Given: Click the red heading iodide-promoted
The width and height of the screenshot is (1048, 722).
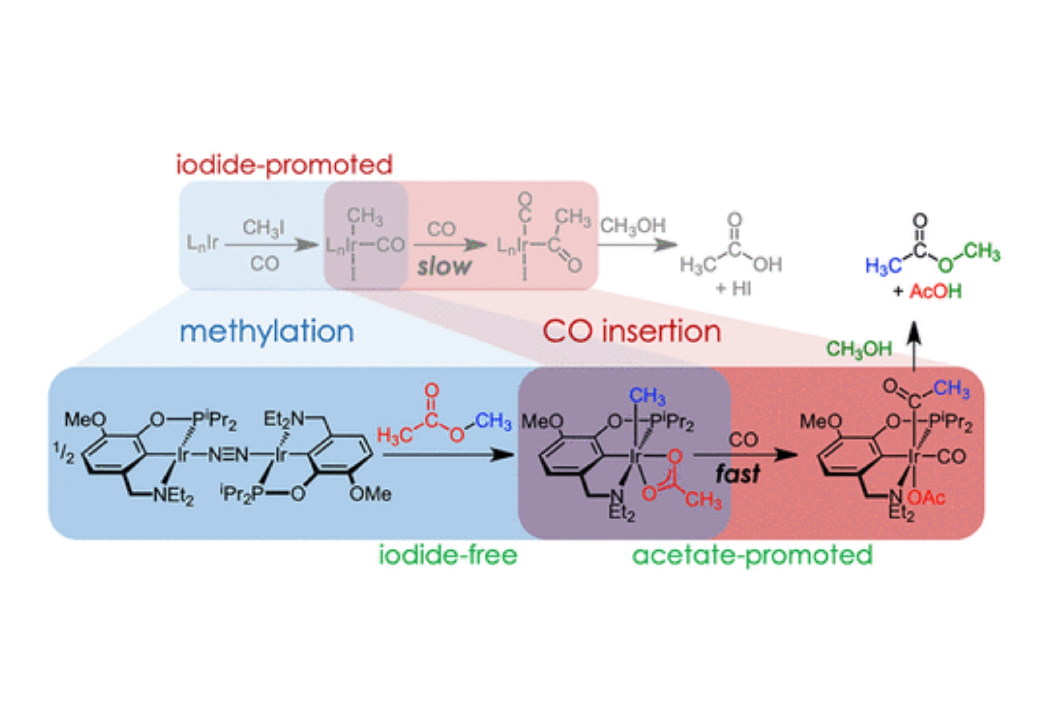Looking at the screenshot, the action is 284,165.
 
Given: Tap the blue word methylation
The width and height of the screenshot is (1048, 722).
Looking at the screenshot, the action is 267,332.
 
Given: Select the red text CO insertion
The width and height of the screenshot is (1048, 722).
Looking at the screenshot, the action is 632,332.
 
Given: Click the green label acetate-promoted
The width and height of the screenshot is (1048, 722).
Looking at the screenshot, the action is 752,555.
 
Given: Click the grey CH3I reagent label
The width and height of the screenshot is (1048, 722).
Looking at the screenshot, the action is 264,227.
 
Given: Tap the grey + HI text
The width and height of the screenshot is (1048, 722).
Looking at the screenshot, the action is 733,288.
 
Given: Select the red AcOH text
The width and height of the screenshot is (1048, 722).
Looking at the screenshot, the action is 935,291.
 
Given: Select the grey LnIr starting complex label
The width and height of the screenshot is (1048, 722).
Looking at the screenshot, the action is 202,244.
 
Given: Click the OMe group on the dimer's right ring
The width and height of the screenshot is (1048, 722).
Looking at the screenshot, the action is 370,494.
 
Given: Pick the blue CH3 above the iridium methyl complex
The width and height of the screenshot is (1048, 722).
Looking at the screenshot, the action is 647,396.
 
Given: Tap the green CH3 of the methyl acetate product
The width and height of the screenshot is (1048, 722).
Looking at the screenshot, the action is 982,252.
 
